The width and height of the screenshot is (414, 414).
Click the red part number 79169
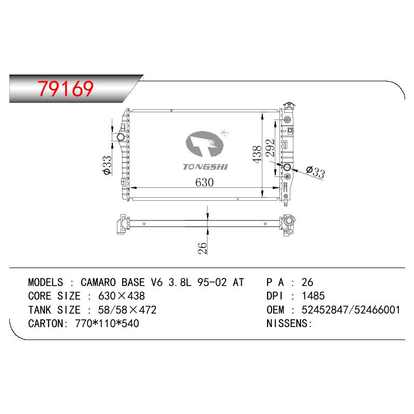66,88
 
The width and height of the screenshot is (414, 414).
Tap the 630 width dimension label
204,183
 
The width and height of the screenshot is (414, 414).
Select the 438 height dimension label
257,154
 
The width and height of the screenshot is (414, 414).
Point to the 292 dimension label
270,147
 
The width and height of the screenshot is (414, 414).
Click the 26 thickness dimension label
202,248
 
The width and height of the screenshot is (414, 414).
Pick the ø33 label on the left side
108,165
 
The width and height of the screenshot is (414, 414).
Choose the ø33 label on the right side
316,172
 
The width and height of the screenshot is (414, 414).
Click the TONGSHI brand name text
205,167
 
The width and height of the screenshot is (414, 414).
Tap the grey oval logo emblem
204,144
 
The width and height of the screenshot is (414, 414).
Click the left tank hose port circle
121,137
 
